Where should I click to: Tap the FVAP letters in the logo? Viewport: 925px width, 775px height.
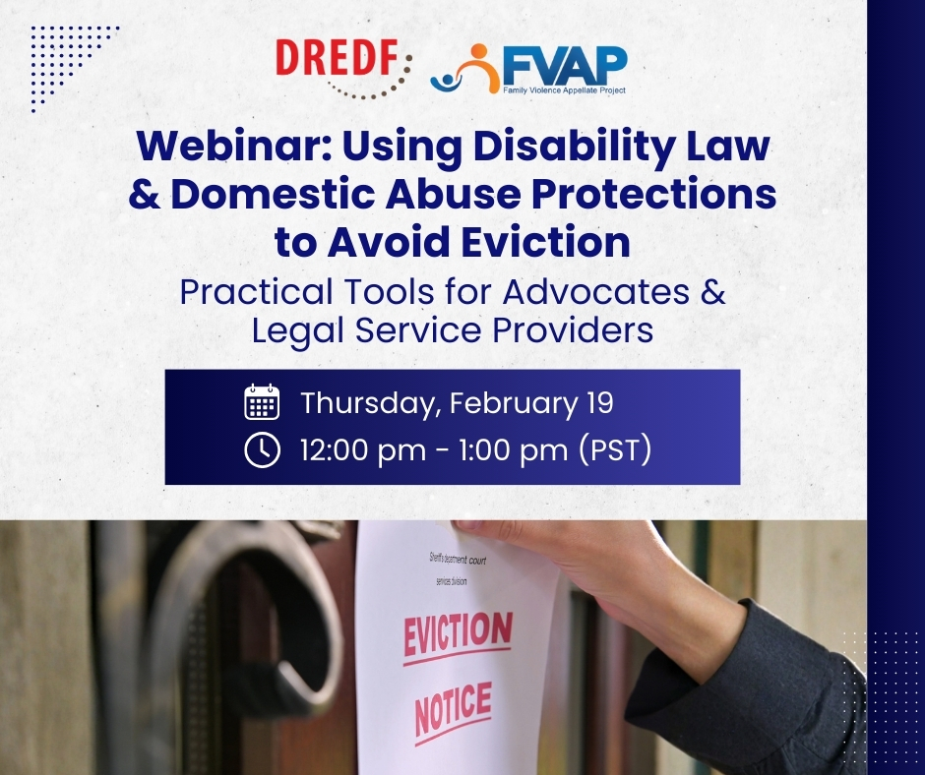point(565,66)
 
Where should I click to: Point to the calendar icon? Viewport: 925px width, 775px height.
point(262,401)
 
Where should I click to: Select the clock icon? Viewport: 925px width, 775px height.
point(262,449)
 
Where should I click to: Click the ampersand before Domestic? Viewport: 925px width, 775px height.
point(144,194)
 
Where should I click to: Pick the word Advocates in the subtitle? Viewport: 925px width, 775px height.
point(596,291)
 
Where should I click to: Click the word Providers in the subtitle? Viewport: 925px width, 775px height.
point(573,329)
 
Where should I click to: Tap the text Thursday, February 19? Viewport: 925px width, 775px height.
point(458,403)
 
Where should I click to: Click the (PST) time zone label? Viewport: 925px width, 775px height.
point(615,449)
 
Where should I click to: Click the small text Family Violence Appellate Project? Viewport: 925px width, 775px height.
point(564,90)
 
